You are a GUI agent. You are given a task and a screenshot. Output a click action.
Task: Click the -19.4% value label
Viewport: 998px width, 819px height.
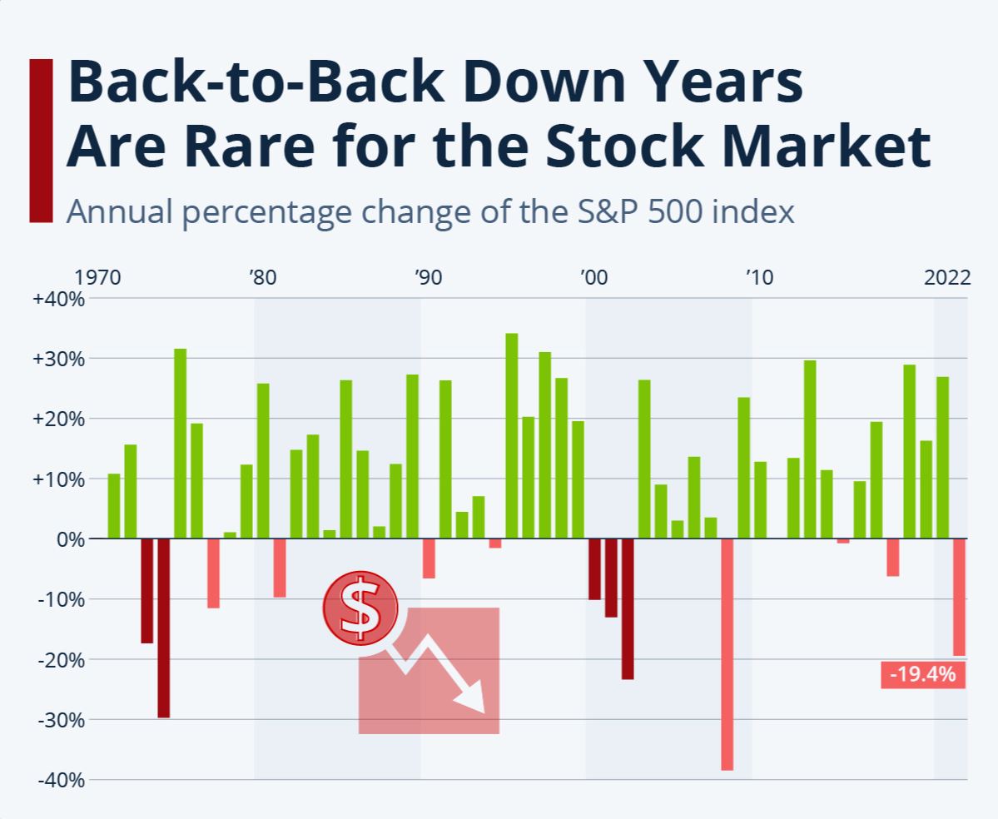click(x=923, y=674)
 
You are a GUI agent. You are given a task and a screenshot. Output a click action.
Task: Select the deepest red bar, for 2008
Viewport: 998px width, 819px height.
click(x=727, y=654)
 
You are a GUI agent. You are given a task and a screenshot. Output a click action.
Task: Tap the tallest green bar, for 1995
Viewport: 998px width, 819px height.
click(x=512, y=435)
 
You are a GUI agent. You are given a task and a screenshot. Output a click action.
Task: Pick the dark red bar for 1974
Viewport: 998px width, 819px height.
click(x=163, y=628)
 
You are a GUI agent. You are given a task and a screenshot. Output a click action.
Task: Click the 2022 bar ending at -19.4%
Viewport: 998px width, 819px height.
click(x=959, y=597)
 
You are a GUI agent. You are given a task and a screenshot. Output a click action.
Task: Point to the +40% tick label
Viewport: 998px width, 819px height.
click(x=58, y=299)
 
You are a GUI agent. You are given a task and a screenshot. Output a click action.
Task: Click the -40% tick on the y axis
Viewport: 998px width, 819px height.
click(x=58, y=780)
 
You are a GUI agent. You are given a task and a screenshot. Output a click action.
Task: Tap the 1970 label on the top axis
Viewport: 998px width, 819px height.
click(x=98, y=277)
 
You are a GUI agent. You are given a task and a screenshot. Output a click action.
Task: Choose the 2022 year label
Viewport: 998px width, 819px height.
click(x=947, y=277)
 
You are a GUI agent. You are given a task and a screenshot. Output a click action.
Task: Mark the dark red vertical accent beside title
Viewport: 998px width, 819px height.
click(x=40, y=140)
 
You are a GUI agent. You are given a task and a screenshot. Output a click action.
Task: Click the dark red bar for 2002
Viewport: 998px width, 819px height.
click(x=628, y=608)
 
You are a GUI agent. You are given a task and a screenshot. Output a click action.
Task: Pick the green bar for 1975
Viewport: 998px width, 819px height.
click(x=180, y=444)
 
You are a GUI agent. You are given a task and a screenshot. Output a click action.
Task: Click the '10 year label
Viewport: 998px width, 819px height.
click(x=759, y=277)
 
